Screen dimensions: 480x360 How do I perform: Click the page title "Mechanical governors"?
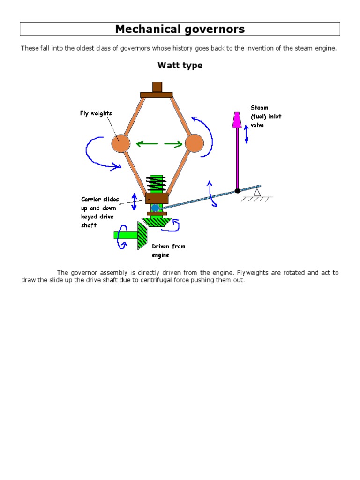tap(180, 29)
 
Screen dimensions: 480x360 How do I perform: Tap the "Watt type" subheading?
tap(180, 66)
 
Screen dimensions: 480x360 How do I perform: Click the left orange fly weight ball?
tap(120, 143)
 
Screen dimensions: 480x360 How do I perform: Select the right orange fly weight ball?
tap(194, 143)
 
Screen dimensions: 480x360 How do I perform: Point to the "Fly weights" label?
tap(96, 113)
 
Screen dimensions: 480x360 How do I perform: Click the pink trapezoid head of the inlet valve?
tap(237, 120)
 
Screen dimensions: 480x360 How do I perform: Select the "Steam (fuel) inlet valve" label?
tap(266, 116)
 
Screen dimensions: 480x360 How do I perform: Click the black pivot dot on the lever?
tap(238, 190)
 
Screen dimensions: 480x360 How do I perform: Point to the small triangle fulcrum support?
tap(256, 192)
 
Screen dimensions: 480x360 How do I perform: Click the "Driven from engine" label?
tap(168, 250)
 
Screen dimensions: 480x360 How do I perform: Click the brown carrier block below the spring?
tap(157, 198)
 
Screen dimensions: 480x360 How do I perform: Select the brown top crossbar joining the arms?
tap(157, 94)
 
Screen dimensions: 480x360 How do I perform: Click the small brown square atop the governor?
tap(157, 87)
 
